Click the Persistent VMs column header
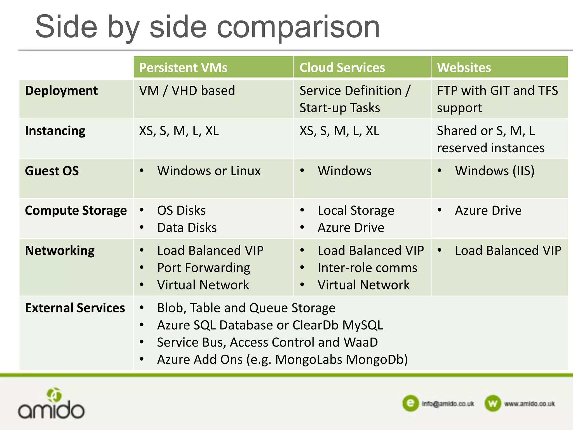coord(183,68)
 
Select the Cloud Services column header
coord(342,68)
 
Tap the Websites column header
coord(464,68)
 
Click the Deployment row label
coord(61,91)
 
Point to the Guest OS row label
coord(52,171)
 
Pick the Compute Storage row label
coord(76,211)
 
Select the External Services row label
coord(75,308)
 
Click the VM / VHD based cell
coord(187,91)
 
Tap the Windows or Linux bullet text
coord(209,171)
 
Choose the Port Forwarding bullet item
coord(203,268)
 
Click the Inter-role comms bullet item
coord(367,268)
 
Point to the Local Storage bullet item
coord(356,211)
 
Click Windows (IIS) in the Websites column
coord(494,171)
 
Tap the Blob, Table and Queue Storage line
coord(246,308)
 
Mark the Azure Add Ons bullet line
coord(282,360)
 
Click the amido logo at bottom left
coord(51,404)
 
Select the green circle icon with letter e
coord(410,403)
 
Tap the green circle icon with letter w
coord(492,403)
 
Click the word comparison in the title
coord(298,27)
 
